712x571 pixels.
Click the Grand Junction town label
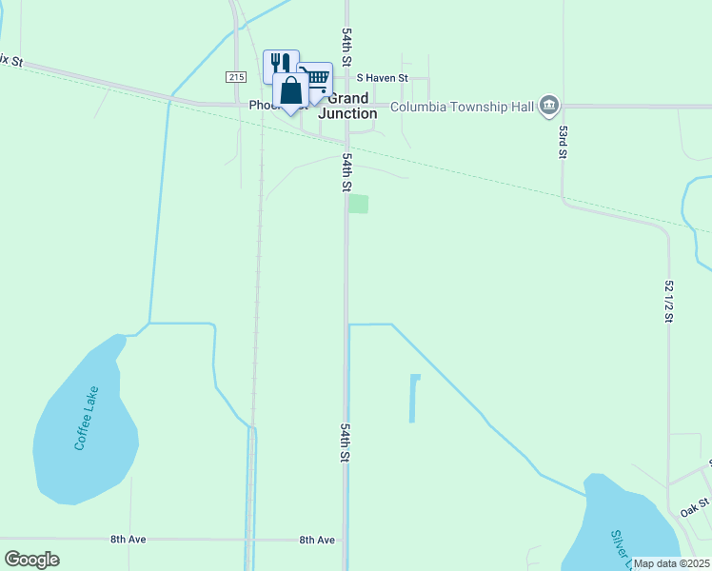tap(347, 106)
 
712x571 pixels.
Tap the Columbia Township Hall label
tap(463, 107)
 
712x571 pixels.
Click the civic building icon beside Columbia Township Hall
tap(548, 106)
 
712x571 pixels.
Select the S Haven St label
tap(383, 78)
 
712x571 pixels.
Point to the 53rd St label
tap(564, 141)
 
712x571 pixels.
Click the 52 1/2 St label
tap(669, 301)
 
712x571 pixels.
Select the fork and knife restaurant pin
tap(280, 65)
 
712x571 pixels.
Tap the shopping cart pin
tap(316, 78)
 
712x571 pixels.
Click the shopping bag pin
tap(291, 91)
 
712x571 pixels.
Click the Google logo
tap(31, 560)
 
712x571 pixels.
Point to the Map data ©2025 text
tap(672, 563)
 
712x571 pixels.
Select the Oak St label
tap(695, 507)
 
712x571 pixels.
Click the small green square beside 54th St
tap(358, 204)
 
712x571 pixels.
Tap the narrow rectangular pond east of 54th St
tap(414, 399)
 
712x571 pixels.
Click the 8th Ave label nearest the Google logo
tap(128, 540)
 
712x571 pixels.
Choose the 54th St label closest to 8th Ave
tap(346, 443)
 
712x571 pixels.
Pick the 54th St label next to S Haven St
tap(347, 47)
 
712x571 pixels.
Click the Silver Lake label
tap(619, 545)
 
